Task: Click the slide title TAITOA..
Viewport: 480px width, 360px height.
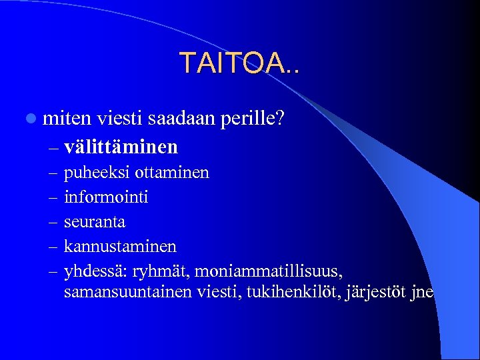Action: tap(239, 63)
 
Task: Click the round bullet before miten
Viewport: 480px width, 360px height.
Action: tap(31, 119)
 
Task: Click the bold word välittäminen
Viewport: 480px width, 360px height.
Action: tap(121, 145)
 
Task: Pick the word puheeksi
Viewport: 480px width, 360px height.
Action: tap(97, 173)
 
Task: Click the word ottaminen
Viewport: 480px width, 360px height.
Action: tap(172, 173)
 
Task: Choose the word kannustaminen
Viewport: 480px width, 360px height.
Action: tap(120, 247)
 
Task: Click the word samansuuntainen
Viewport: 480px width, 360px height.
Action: tap(127, 293)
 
